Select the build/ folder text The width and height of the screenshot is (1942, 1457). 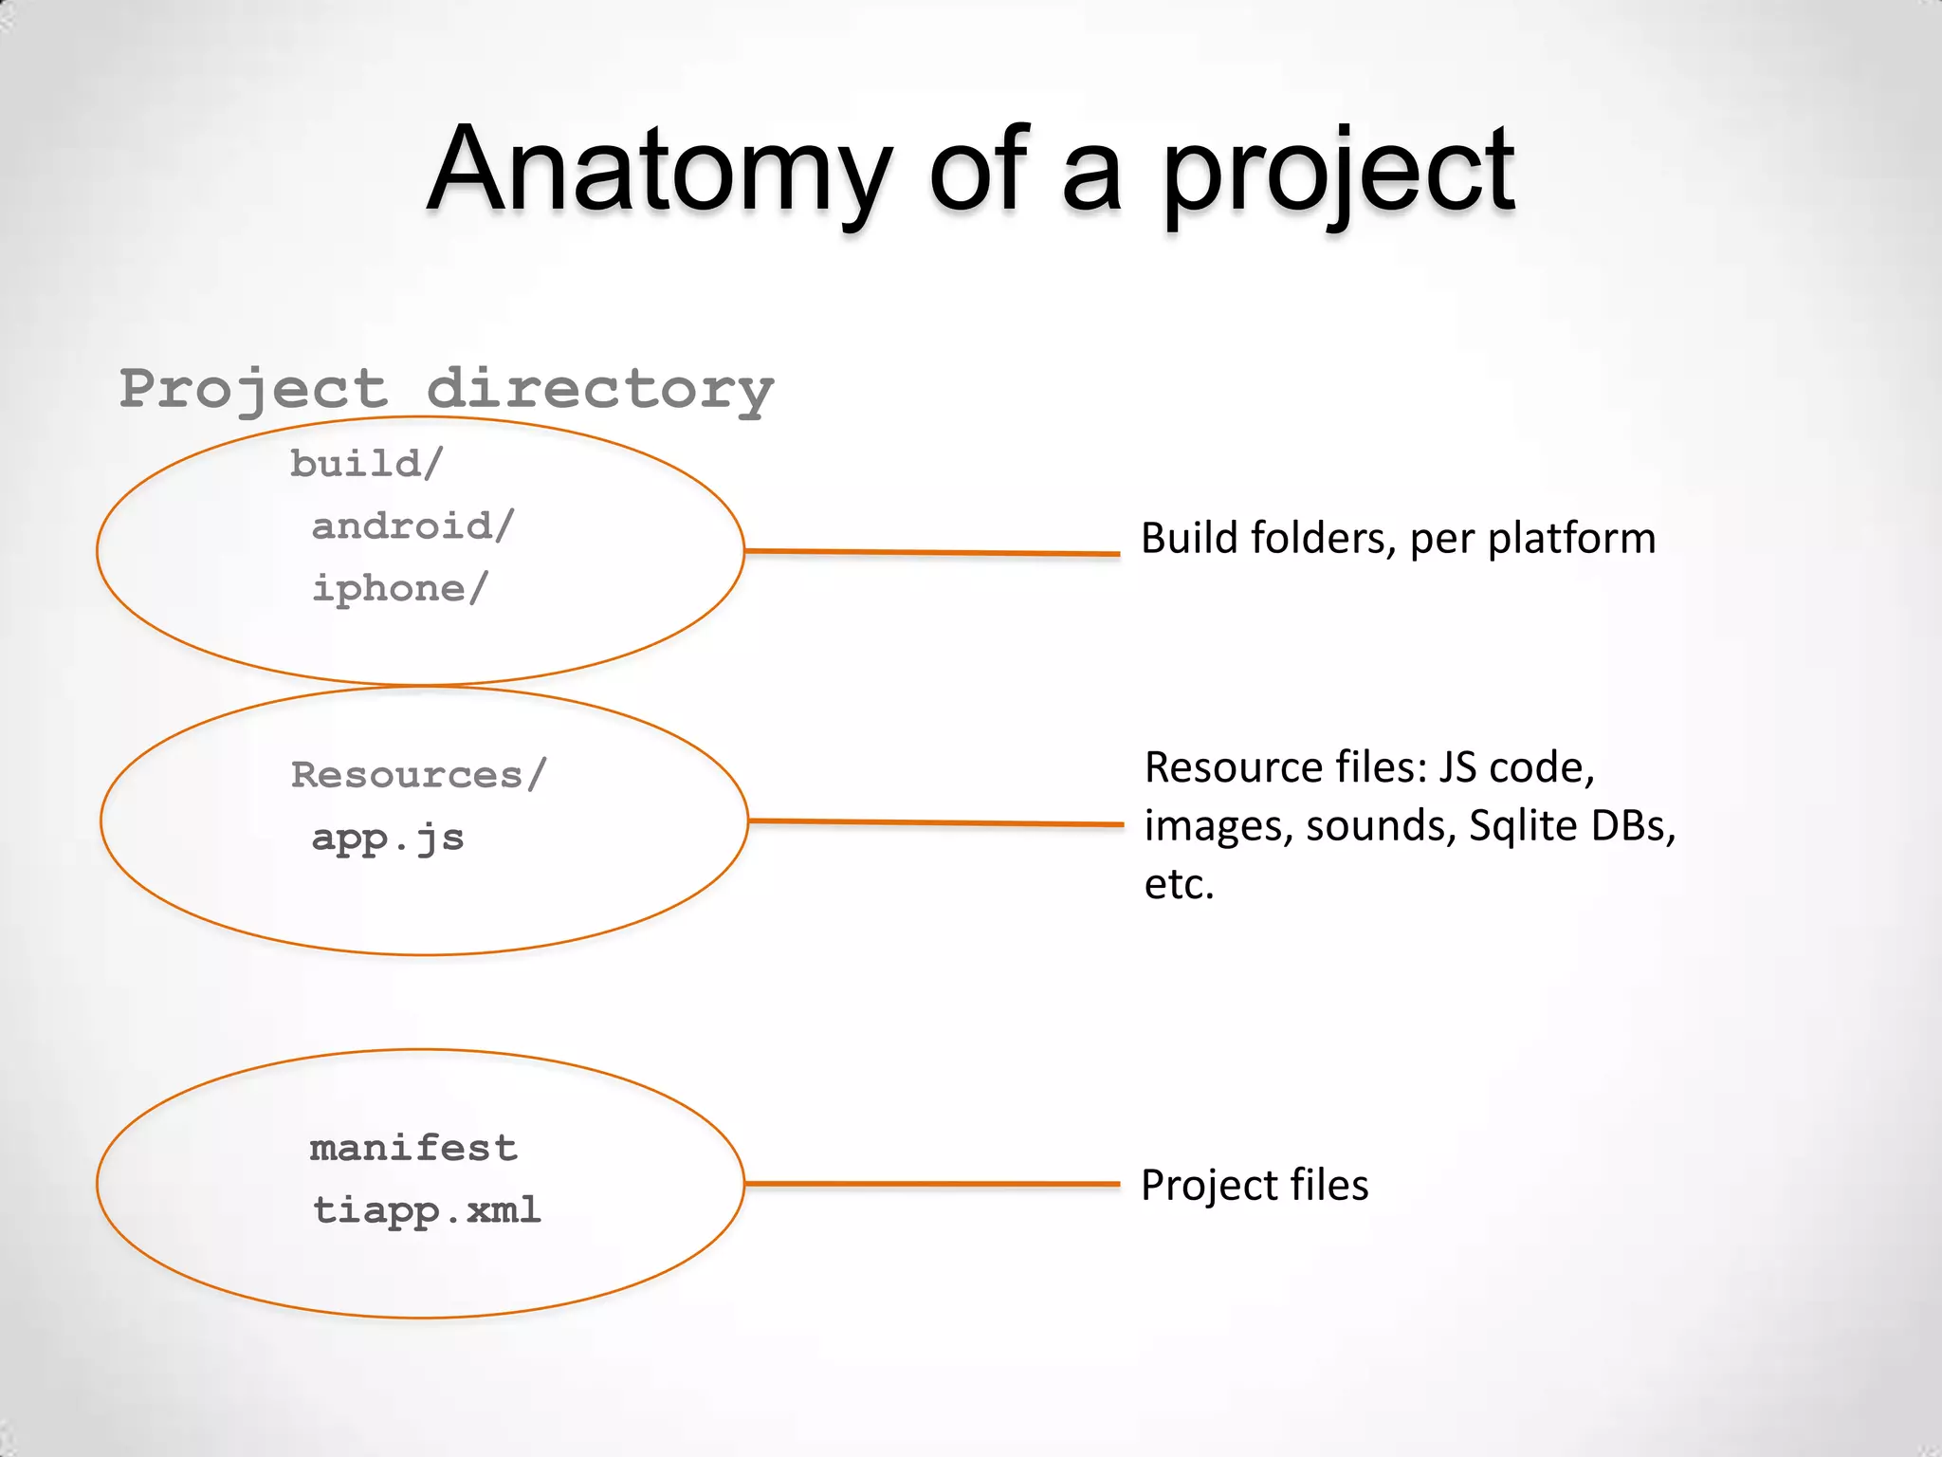point(366,464)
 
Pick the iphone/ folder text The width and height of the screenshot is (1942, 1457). point(399,588)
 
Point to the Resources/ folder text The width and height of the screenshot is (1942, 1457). point(418,775)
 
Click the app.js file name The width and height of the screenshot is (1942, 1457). point(388,838)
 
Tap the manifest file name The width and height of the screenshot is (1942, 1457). point(413,1149)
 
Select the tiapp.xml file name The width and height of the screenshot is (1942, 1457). point(427,1210)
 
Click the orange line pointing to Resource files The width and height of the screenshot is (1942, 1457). point(936,822)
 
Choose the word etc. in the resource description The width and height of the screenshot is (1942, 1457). point(1179,884)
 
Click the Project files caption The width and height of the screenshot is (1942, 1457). point(1254,1186)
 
